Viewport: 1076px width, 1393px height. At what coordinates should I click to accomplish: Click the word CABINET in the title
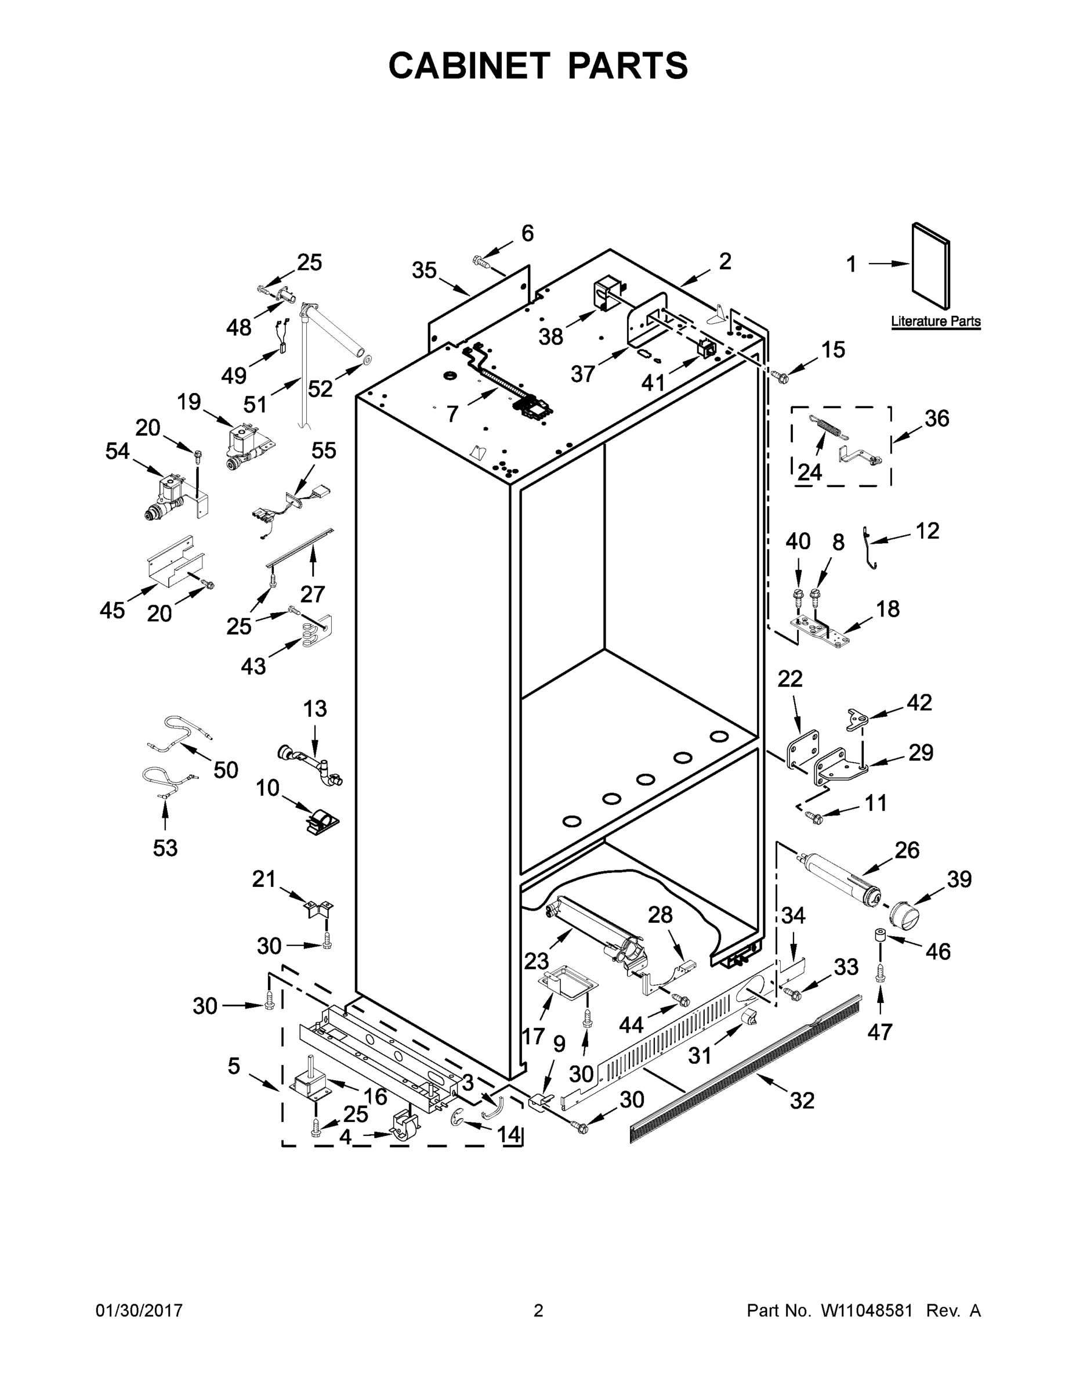tap(469, 66)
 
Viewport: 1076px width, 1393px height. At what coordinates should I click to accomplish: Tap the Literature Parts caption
tap(935, 322)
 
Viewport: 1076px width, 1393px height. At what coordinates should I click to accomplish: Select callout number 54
tap(117, 452)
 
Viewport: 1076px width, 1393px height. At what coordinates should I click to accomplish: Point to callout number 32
tap(802, 1100)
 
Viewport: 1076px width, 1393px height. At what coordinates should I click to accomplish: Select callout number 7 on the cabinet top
tap(452, 414)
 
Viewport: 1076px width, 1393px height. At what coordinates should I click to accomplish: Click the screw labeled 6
tap(481, 260)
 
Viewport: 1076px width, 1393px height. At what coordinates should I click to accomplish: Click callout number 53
tap(165, 849)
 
